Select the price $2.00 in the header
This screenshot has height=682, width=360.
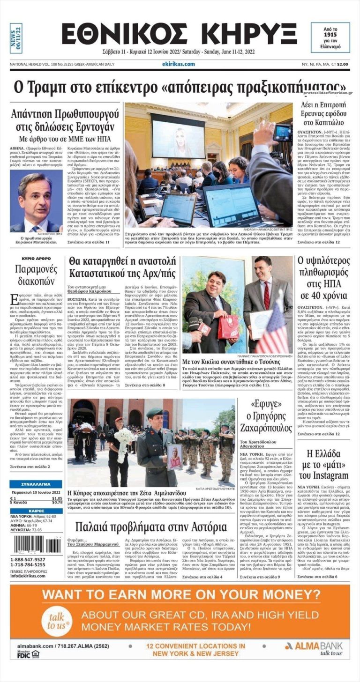pyautogui.click(x=342, y=64)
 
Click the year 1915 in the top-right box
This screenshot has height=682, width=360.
pyautogui.click(x=331, y=35)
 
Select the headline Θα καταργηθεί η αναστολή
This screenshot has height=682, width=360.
pyautogui.click(x=123, y=267)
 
